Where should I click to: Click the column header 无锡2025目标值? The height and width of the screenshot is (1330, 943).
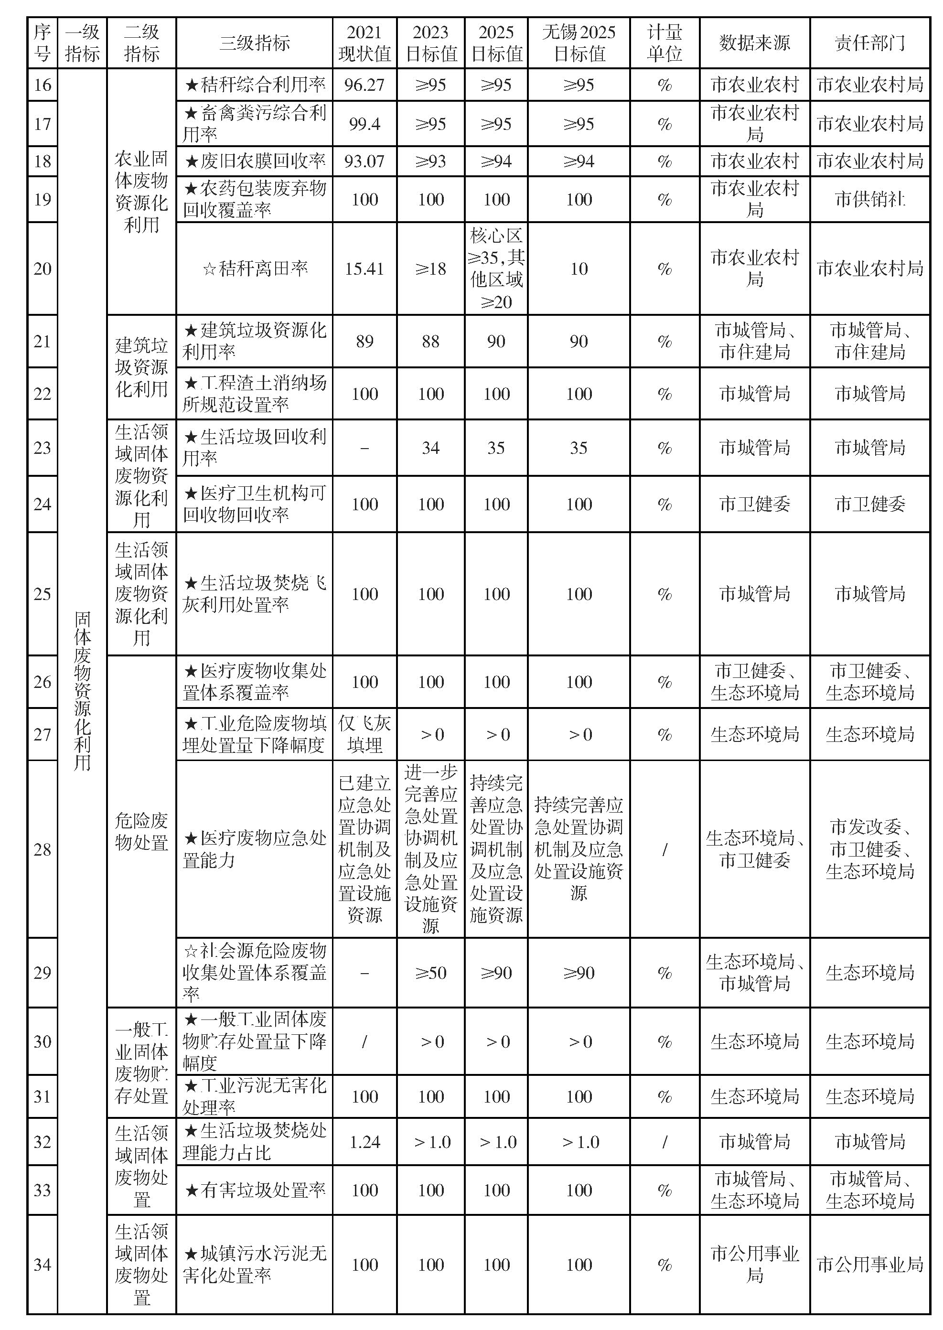(x=579, y=43)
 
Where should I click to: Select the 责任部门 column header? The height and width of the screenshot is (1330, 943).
(x=869, y=43)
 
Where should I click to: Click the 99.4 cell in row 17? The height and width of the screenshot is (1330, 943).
(x=364, y=124)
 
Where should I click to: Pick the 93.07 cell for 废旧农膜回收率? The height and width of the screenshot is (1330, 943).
(x=364, y=161)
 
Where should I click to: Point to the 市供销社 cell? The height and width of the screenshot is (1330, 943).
(x=869, y=200)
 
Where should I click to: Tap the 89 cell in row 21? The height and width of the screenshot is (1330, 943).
(x=364, y=342)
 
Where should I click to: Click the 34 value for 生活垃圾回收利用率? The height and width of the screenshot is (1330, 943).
(x=430, y=448)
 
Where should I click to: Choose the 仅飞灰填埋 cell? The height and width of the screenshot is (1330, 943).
(x=364, y=734)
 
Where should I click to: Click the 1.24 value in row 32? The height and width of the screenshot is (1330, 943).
(x=364, y=1142)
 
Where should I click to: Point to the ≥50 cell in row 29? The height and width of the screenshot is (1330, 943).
(x=430, y=973)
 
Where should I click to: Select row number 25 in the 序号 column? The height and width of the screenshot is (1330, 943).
(x=43, y=594)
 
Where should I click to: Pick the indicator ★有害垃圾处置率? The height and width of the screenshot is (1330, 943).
(x=254, y=1191)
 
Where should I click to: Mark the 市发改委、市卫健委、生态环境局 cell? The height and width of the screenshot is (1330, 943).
(x=869, y=849)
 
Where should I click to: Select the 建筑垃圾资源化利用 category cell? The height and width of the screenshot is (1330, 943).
(x=141, y=367)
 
